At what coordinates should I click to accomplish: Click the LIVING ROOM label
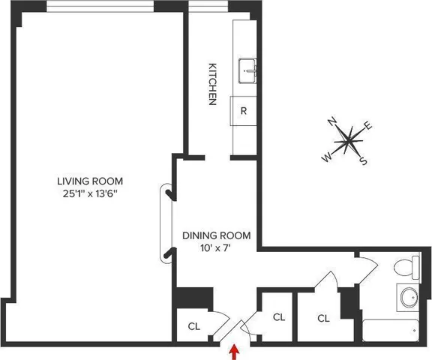tap(90, 181)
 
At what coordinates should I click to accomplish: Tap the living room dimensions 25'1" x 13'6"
tap(90, 194)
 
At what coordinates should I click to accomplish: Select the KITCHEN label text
tap(212, 82)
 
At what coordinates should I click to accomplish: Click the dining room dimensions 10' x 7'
tap(217, 249)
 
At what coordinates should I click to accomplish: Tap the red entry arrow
tap(235, 349)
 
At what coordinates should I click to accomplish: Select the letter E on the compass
tap(368, 125)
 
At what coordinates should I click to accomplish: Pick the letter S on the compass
tap(363, 159)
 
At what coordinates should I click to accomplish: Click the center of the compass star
tap(348, 139)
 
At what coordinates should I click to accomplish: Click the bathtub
tap(394, 330)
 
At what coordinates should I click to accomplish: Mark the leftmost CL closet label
tap(193, 326)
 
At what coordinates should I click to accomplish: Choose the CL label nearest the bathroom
tap(323, 318)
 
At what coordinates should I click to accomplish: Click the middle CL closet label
tap(278, 317)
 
